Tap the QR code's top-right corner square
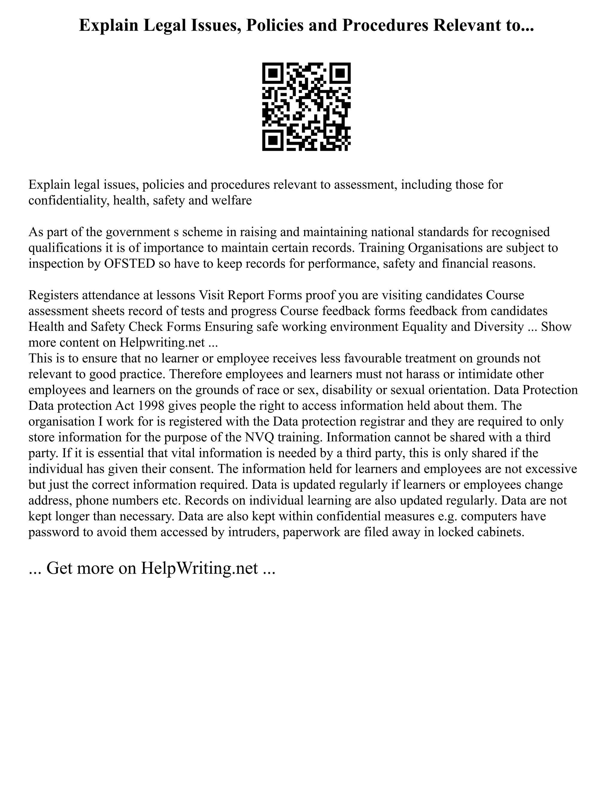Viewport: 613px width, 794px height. (340, 73)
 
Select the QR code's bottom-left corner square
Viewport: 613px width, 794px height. (273, 140)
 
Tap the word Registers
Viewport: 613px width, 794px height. (53, 295)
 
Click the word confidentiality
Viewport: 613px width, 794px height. (69, 200)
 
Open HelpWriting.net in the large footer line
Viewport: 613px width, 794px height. (199, 568)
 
